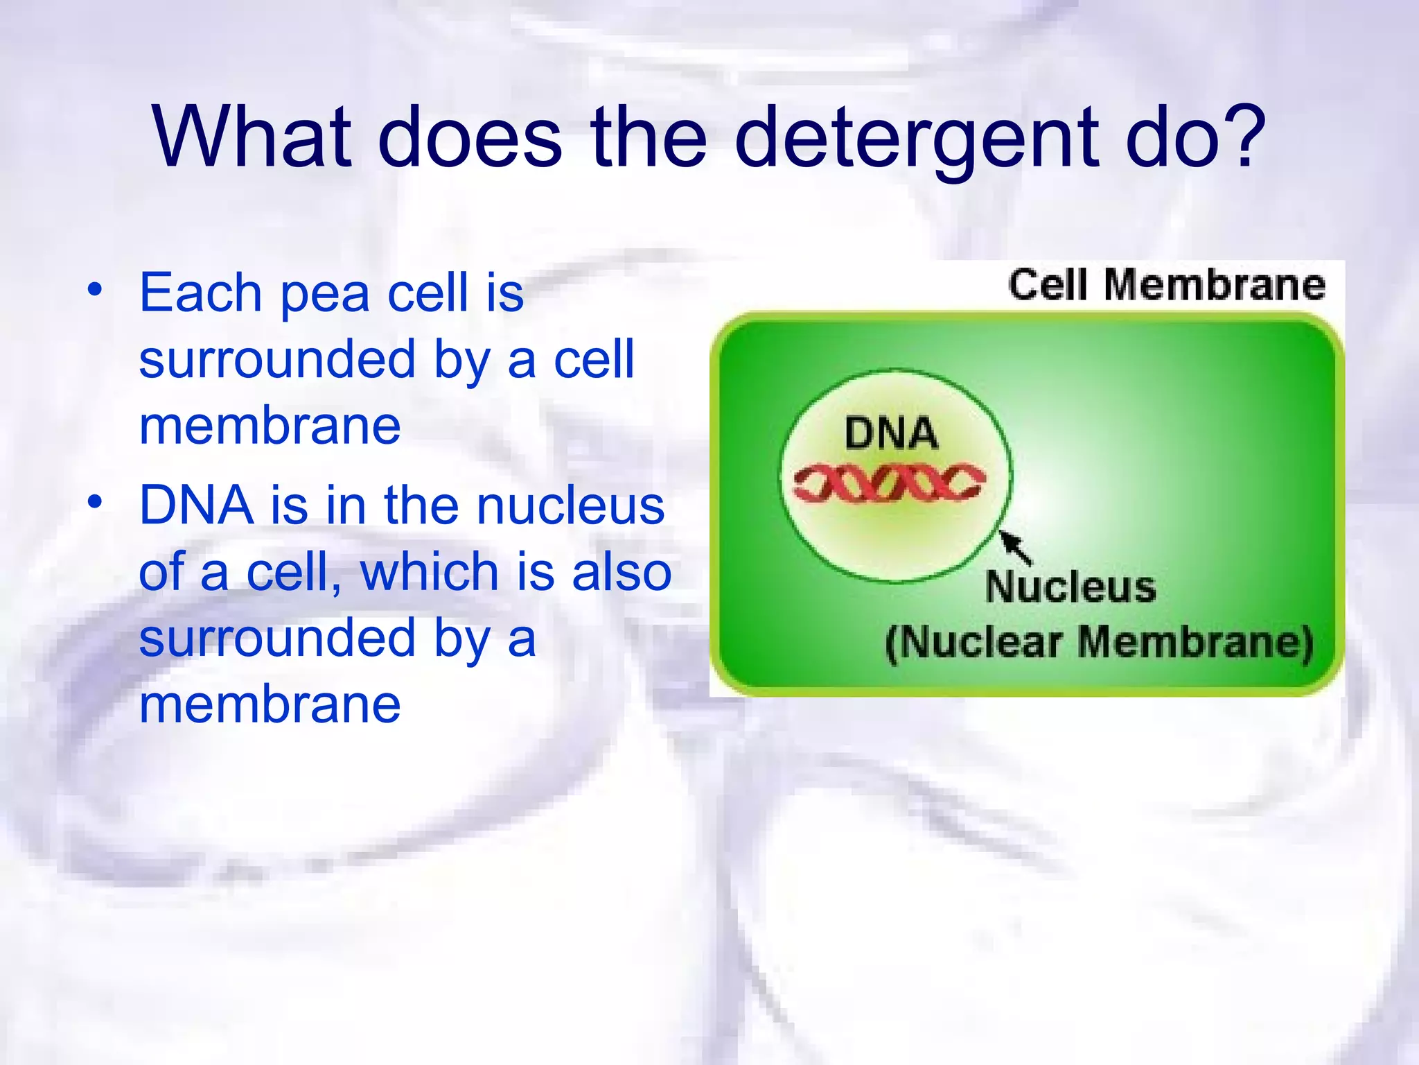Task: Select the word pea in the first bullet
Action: [324, 294]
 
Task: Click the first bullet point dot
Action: [95, 288]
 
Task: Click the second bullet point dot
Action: [95, 501]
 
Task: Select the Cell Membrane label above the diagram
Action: [1166, 285]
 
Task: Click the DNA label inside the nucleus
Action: [891, 435]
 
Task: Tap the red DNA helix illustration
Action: [890, 482]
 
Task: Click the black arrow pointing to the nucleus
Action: [1015, 546]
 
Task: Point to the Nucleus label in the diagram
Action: [1070, 587]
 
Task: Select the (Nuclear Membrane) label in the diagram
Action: [1099, 642]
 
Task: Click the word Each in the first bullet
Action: [200, 293]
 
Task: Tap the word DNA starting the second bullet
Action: [196, 505]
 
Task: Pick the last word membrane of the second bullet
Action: [270, 705]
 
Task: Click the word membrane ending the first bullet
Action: [270, 426]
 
